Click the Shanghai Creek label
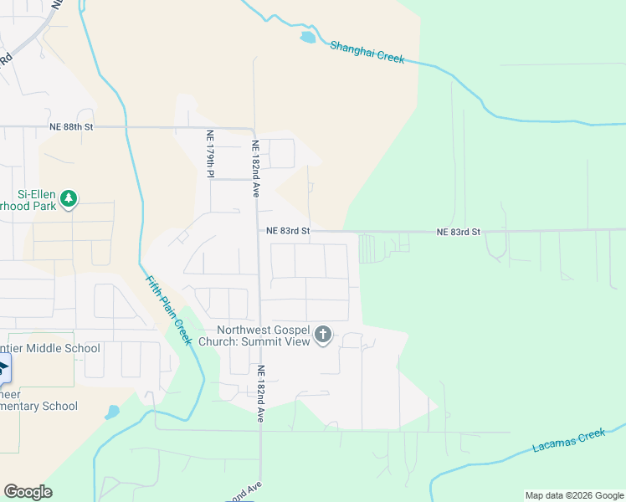(367, 52)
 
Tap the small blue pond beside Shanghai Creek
(308, 38)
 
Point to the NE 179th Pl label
(211, 154)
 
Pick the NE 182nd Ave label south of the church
(260, 394)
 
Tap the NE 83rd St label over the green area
(459, 232)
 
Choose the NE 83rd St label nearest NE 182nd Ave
(288, 231)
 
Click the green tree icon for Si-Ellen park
(69, 199)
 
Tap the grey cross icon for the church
(323, 336)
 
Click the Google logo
(28, 492)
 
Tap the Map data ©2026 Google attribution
(574, 495)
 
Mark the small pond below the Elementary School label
(112, 412)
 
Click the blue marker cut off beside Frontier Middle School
(3, 368)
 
